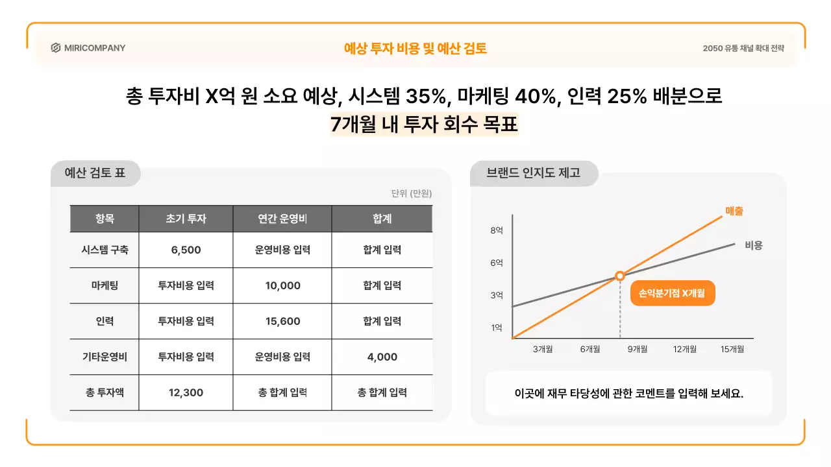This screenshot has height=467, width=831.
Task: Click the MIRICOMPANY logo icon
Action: click(x=56, y=48)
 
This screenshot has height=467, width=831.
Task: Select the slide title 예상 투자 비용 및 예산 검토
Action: click(x=415, y=48)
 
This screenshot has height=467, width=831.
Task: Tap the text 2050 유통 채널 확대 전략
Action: click(x=743, y=48)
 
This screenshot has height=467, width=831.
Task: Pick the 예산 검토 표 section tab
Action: click(x=95, y=173)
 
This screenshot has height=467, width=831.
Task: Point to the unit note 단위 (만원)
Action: click(x=412, y=193)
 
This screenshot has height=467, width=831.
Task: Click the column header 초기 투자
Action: click(x=186, y=219)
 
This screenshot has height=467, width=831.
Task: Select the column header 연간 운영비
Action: click(x=282, y=219)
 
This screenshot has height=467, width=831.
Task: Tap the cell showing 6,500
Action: click(x=186, y=250)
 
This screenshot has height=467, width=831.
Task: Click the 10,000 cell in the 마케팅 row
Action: click(x=282, y=285)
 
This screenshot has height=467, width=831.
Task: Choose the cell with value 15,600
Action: click(x=282, y=321)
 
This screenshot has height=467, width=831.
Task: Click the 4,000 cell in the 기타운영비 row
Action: click(x=382, y=357)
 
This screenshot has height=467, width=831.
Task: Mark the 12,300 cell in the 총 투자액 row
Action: click(x=186, y=392)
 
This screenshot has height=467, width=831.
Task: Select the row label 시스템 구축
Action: click(x=105, y=250)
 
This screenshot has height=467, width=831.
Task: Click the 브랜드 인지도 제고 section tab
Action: click(x=533, y=173)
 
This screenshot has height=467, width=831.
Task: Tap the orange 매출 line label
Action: click(x=734, y=211)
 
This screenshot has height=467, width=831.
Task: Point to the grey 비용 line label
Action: click(x=753, y=245)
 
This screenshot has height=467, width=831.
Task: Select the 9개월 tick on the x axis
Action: click(x=637, y=349)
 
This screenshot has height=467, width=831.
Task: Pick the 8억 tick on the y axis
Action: click(x=497, y=230)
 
